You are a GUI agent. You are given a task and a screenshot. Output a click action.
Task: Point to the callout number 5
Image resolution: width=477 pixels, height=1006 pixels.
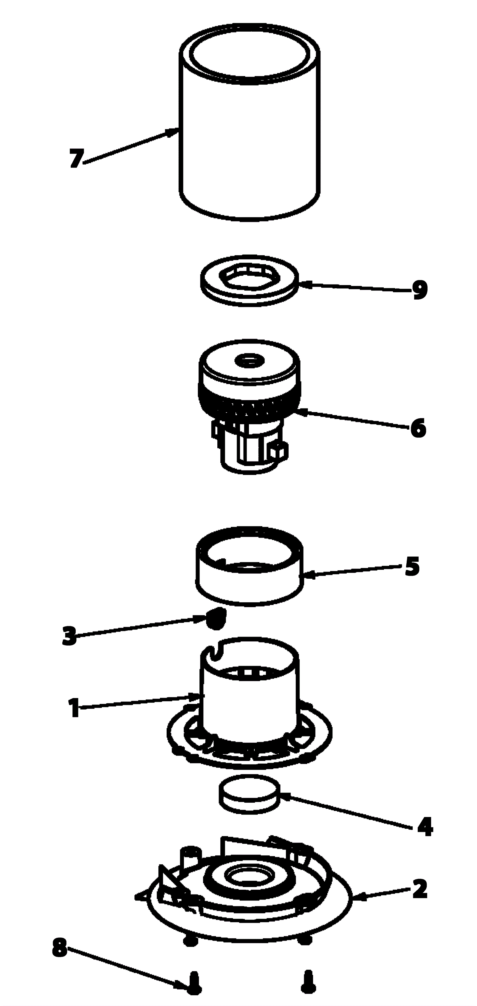pos(412,566)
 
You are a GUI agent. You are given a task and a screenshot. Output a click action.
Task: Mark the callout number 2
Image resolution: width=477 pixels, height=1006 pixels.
pos(420,889)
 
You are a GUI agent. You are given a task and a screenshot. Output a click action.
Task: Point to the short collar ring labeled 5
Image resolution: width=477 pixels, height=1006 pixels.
pos(250,566)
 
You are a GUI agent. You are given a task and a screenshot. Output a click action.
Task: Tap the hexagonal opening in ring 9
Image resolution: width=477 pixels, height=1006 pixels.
pos(250,276)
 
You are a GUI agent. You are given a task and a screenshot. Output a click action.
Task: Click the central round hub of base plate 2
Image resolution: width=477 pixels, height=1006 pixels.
pos(250,877)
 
